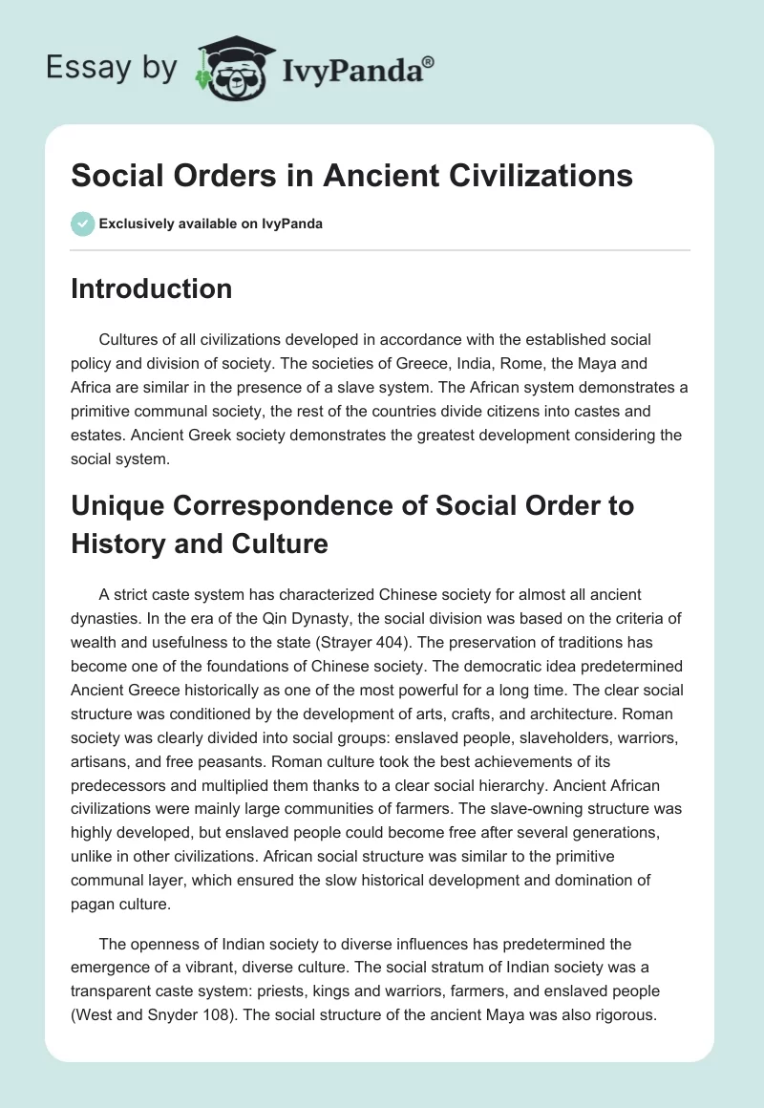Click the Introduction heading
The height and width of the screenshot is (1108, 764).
coord(151,288)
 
